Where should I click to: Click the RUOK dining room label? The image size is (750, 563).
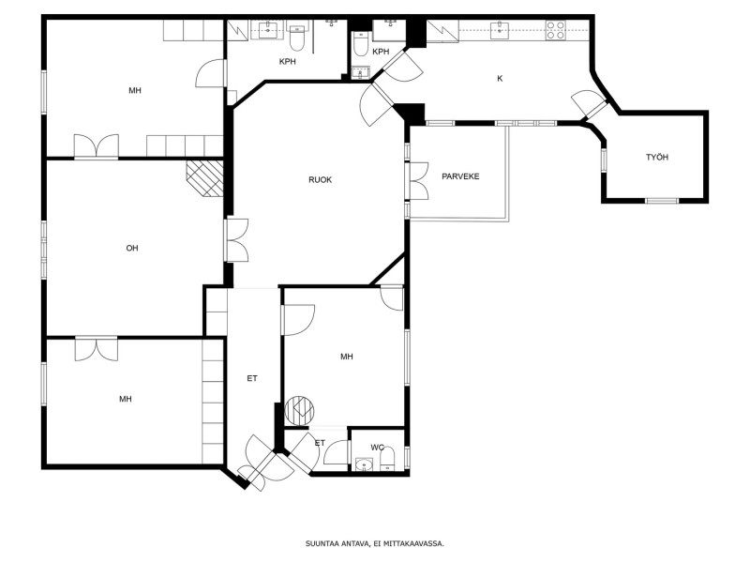[320, 180]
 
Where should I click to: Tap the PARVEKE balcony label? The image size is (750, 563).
[460, 176]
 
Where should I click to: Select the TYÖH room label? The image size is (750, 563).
[657, 157]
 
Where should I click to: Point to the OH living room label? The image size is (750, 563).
[132, 248]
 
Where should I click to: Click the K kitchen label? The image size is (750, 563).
[500, 79]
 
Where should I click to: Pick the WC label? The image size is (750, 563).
[378, 448]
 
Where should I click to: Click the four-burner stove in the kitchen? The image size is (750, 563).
[555, 30]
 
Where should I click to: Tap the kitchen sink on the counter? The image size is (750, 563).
[500, 30]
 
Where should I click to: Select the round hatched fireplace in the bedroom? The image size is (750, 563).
[299, 411]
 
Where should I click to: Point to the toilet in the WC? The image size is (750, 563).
[387, 460]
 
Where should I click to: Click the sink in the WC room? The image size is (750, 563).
[365, 464]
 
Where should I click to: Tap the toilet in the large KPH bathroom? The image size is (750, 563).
[297, 38]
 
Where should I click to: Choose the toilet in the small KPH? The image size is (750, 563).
[361, 43]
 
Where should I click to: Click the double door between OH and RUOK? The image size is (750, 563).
[236, 240]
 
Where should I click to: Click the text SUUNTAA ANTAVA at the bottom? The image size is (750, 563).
[337, 543]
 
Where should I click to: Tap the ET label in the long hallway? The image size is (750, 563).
[252, 379]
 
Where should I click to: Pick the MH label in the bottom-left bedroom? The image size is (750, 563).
[126, 399]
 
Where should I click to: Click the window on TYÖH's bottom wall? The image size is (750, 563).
[662, 201]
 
